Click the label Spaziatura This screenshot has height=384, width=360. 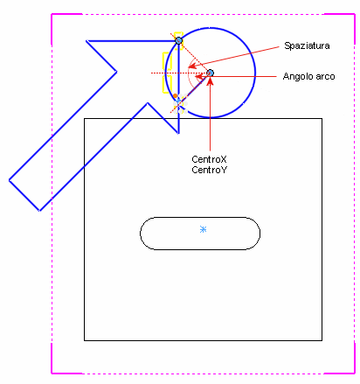(307, 45)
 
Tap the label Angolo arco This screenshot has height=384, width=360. (308, 76)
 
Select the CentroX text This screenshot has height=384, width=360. (209, 159)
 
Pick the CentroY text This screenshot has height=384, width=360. (209, 170)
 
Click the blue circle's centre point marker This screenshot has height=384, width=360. (210, 73)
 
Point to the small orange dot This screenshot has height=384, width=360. (175, 95)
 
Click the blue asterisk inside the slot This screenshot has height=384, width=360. (204, 229)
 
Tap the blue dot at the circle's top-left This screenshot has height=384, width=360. (179, 40)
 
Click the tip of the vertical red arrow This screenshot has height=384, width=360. (210, 77)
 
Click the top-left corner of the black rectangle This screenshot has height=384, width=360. (85, 119)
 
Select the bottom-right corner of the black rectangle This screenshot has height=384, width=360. (322, 340)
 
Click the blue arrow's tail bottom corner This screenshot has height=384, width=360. (39, 211)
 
